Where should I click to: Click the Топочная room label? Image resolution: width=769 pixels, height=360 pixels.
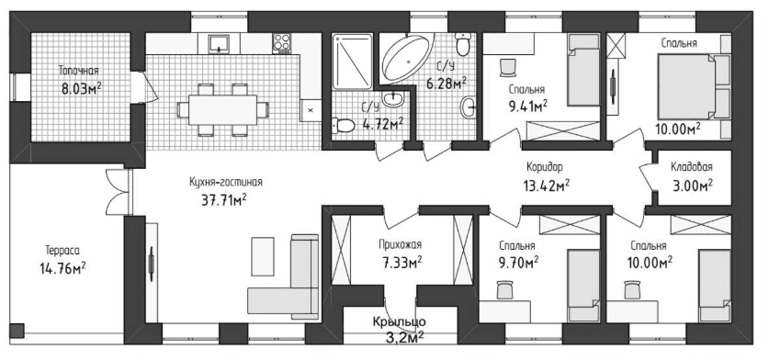[x=78, y=70]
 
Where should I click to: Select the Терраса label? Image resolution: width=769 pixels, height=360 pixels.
[x=62, y=251]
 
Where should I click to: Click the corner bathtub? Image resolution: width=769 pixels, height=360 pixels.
[x=407, y=57]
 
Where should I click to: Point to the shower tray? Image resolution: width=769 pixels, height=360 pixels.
[x=352, y=62]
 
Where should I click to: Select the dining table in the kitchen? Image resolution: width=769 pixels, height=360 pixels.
[x=222, y=109]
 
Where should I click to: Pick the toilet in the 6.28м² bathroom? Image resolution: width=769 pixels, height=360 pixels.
[x=462, y=44]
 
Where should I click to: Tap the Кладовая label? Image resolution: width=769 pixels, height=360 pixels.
[x=692, y=167]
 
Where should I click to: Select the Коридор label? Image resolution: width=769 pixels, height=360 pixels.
[x=545, y=167]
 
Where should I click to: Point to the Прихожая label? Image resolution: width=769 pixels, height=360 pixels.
[x=400, y=244]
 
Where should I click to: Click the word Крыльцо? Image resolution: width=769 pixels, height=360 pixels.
[x=399, y=322]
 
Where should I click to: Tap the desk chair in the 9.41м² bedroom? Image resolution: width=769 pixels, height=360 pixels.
[x=508, y=67]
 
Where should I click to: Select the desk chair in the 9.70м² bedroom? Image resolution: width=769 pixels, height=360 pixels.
[x=504, y=289]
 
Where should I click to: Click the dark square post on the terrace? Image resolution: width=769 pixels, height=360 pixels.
[x=17, y=331]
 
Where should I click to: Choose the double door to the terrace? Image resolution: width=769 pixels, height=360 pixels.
[x=118, y=192]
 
